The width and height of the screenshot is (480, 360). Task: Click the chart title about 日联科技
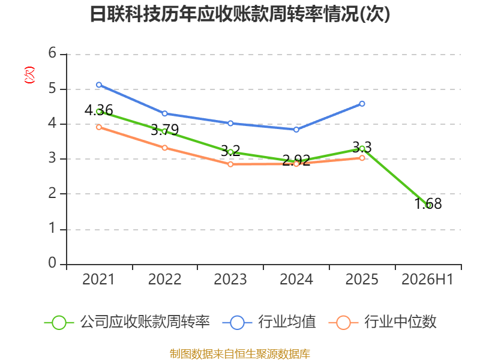pyautogui.click(x=240, y=14)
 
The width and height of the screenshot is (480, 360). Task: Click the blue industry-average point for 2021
pyautogui.click(x=99, y=85)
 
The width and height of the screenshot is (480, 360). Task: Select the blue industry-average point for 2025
pyautogui.click(x=362, y=104)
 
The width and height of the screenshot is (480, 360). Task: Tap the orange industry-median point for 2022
pyautogui.click(x=164, y=148)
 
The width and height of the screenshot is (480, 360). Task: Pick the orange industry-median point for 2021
pyautogui.click(x=99, y=127)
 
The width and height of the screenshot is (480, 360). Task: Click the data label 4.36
pyautogui.click(x=99, y=110)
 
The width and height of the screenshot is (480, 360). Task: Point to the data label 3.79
pyautogui.click(x=164, y=130)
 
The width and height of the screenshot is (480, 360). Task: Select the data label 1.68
pyautogui.click(x=428, y=204)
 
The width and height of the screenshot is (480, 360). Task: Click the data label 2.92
pyautogui.click(x=296, y=160)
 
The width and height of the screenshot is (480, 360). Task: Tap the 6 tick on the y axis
pyautogui.click(x=52, y=53)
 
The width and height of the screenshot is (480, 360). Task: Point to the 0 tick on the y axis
pyautogui.click(x=52, y=263)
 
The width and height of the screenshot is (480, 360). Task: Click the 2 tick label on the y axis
pyautogui.click(x=52, y=193)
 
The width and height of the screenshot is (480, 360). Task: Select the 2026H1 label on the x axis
pyautogui.click(x=427, y=280)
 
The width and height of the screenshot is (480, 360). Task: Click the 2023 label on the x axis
pyautogui.click(x=230, y=280)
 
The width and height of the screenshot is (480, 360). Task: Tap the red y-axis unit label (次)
pyautogui.click(x=29, y=75)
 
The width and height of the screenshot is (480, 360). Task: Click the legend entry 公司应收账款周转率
pyautogui.click(x=127, y=322)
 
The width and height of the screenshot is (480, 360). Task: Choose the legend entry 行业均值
pyautogui.click(x=269, y=322)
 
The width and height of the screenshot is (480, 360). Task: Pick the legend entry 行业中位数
pyautogui.click(x=383, y=322)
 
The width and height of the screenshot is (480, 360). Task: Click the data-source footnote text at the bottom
pyautogui.click(x=240, y=354)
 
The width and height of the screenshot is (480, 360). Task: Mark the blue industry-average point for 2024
pyautogui.click(x=296, y=130)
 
